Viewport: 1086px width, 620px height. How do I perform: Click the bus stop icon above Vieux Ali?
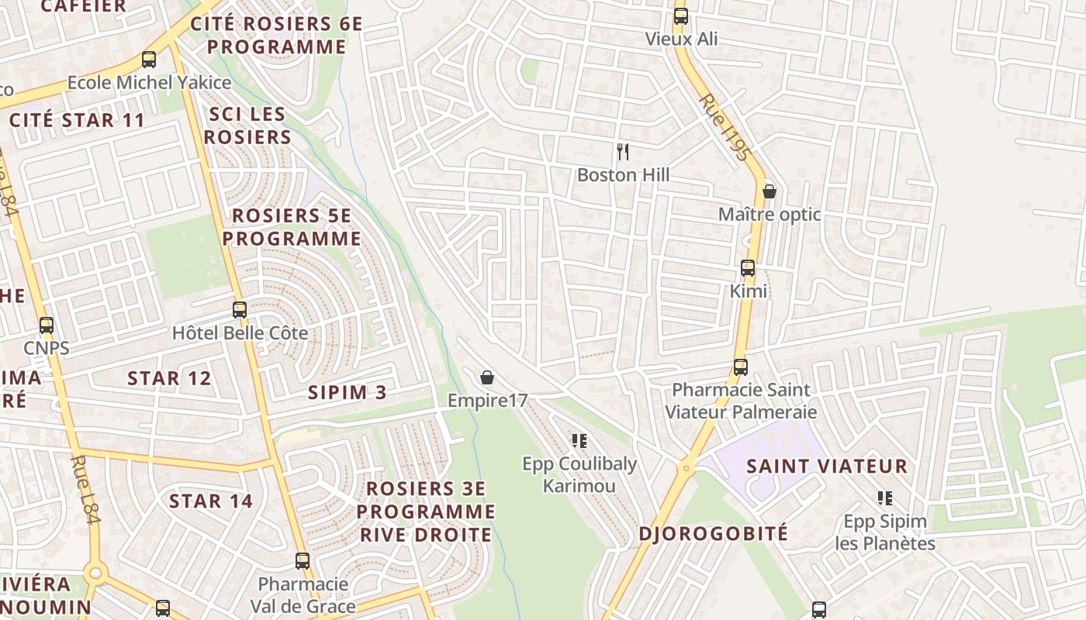tap(681, 15)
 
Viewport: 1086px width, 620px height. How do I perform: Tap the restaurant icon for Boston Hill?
tap(622, 150)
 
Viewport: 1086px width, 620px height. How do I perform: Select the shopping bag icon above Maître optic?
tap(770, 191)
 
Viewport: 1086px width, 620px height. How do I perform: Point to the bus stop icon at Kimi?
tap(748, 268)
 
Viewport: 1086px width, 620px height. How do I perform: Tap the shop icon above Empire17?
tap(487, 377)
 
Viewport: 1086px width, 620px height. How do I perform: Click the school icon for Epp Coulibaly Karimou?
tap(579, 441)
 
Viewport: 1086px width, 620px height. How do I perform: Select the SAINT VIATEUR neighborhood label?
tap(827, 467)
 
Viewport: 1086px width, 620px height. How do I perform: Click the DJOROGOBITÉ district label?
tap(714, 533)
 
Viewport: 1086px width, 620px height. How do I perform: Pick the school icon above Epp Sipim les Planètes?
tap(885, 498)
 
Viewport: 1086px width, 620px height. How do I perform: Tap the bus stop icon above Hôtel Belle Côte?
tap(240, 310)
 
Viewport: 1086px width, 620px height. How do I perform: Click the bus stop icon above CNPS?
tap(47, 325)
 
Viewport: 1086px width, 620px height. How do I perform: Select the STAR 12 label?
tap(169, 378)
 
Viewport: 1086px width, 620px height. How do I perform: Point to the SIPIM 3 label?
tap(348, 392)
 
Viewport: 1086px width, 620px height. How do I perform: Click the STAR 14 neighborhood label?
tap(211, 501)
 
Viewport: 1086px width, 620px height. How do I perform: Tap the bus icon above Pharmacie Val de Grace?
tap(303, 560)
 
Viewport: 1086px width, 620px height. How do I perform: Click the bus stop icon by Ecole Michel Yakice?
tap(149, 59)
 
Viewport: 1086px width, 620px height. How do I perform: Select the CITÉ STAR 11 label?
tap(77, 120)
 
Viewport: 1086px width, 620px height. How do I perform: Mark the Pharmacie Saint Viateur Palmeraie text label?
tap(740, 401)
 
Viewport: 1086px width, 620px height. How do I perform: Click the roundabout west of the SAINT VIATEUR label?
tap(686, 468)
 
